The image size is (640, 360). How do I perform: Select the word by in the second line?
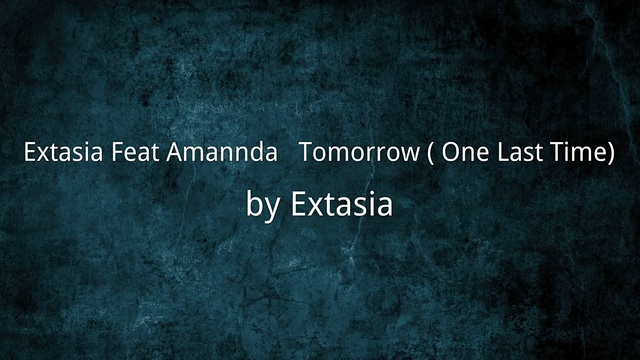[x=264, y=206]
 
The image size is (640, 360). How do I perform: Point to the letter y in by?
[x=273, y=208]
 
